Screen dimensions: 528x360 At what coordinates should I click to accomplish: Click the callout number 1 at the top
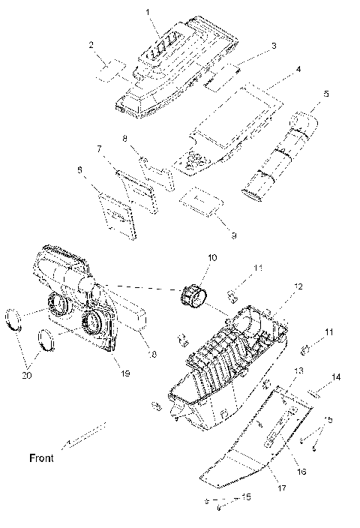(x=148, y=12)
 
